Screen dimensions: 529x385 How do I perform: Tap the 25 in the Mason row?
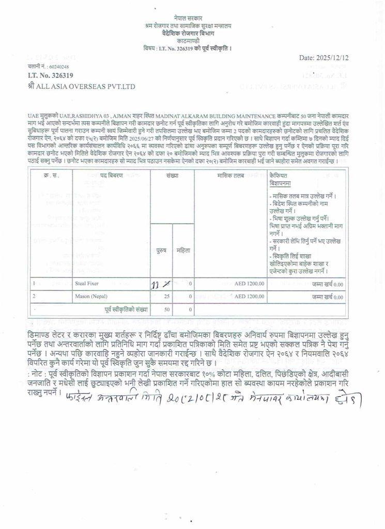pyautogui.click(x=166, y=297)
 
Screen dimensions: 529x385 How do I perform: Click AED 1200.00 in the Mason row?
pyautogui.click(x=249, y=297)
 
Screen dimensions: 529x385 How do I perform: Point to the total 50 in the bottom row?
pyautogui.click(x=166, y=309)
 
